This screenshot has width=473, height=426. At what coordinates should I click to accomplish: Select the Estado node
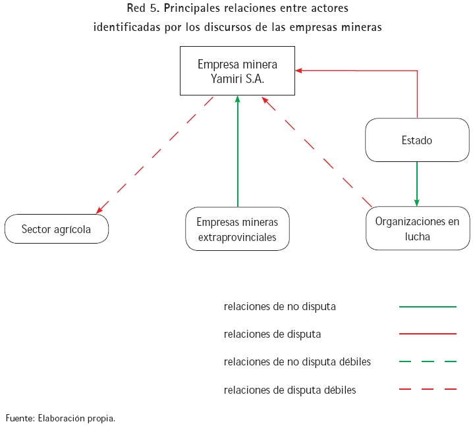click(x=416, y=140)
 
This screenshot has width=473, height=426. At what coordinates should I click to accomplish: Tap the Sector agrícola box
click(x=56, y=229)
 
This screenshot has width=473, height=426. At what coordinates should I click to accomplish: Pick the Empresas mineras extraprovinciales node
click(x=237, y=229)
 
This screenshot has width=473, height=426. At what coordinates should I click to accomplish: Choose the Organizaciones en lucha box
click(x=417, y=228)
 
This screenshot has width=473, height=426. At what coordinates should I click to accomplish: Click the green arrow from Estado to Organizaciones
click(x=417, y=184)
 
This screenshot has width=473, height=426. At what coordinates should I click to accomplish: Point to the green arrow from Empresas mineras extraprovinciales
click(x=237, y=151)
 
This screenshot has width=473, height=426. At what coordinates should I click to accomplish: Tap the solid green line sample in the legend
click(x=428, y=307)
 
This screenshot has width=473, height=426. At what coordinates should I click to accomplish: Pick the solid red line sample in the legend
click(x=428, y=334)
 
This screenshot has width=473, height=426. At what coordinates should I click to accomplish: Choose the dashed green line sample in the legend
click(x=428, y=362)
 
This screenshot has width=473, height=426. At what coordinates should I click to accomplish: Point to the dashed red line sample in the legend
click(x=428, y=390)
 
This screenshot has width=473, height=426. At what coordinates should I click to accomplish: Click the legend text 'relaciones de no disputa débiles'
click(x=297, y=362)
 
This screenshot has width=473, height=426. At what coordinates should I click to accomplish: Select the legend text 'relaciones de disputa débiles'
click(x=290, y=390)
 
